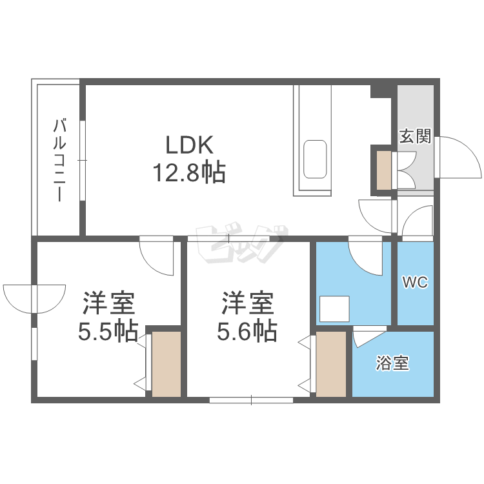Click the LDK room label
(x=189, y=144)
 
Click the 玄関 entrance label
(x=414, y=136)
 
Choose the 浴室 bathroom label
(x=392, y=364)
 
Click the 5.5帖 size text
(x=108, y=332)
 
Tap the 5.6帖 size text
(x=247, y=332)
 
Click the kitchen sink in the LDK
(x=315, y=158)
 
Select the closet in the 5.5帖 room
(x=166, y=363)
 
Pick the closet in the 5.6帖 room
(x=331, y=363)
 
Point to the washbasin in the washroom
(x=334, y=308)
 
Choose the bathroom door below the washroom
(x=368, y=336)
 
